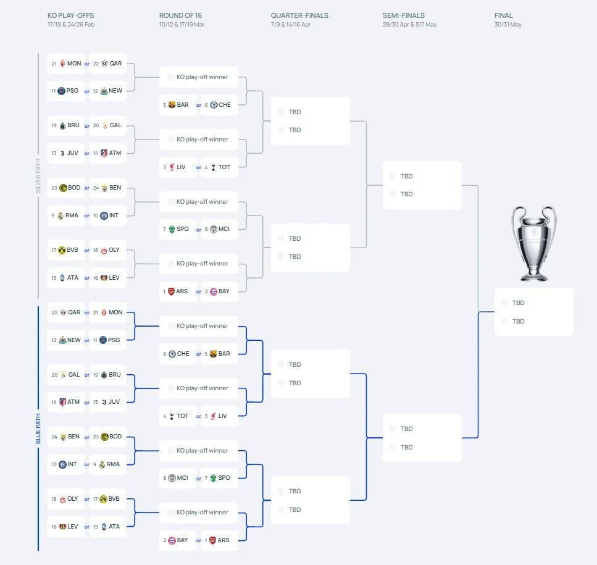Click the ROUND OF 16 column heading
coord(180,15)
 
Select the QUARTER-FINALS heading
coord(299,15)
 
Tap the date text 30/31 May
coord(508,24)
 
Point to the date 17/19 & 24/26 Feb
coord(71,24)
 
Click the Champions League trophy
coord(534,243)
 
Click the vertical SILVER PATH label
coord(38,176)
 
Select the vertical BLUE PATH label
coord(38,429)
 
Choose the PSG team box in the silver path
coord(66,91)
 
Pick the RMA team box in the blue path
coord(107,464)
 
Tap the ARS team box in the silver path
coord(178,291)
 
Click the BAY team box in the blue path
coord(178,540)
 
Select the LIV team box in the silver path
coord(178,167)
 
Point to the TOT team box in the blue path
coord(178,416)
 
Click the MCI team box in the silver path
coord(219,229)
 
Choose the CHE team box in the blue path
coord(178,354)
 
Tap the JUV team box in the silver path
coord(66,153)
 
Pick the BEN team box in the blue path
coord(66,437)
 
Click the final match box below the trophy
coord(534,312)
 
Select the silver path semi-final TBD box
coord(422,185)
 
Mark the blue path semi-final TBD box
coord(422,438)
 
